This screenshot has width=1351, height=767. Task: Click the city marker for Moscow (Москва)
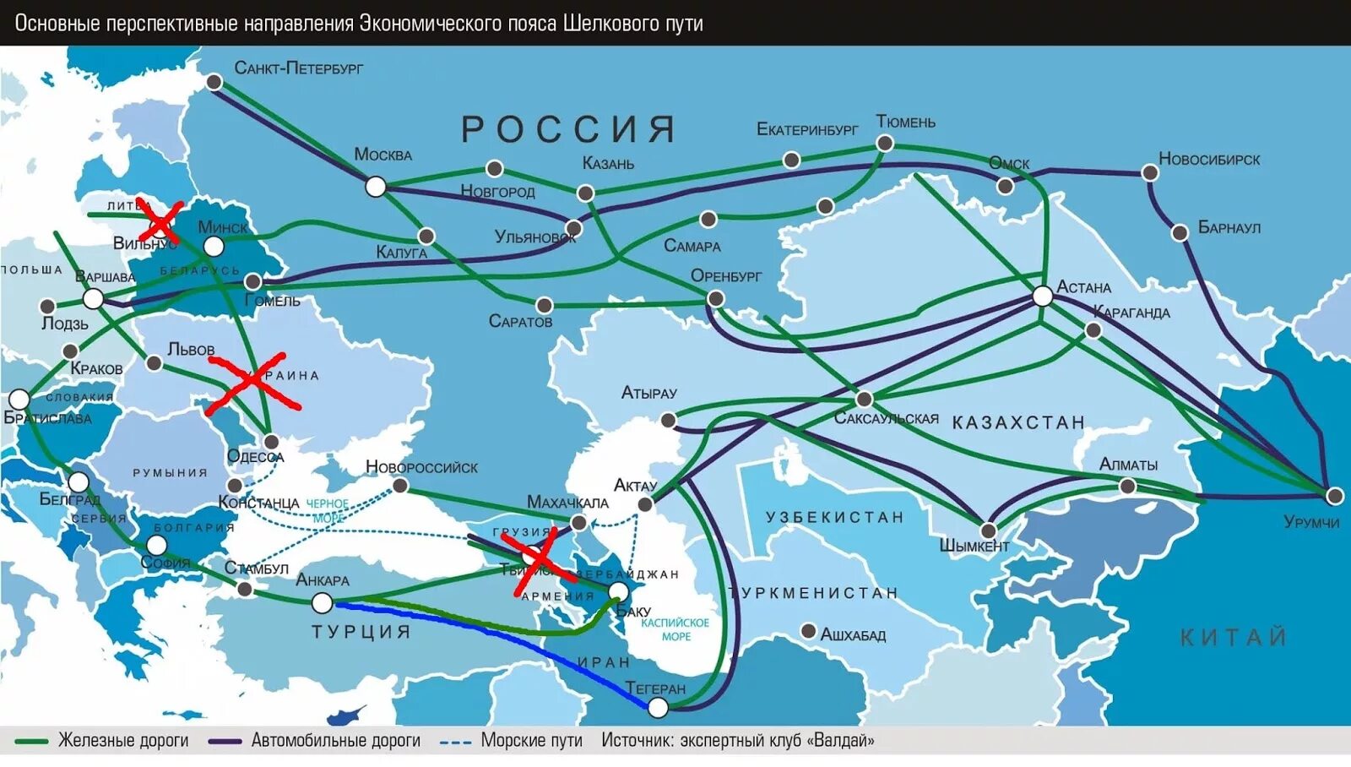(x=376, y=187)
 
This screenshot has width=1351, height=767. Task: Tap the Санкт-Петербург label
(x=298, y=68)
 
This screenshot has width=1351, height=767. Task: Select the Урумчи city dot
(x=1334, y=496)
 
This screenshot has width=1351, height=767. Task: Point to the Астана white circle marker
(x=1043, y=296)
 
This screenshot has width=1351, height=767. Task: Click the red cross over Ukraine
(x=252, y=383)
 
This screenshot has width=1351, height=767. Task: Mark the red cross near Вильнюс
(x=160, y=221)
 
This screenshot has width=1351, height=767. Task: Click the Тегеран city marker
(x=658, y=708)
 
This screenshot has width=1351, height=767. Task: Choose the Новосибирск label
(x=1208, y=160)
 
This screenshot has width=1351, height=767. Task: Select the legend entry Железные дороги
(x=122, y=741)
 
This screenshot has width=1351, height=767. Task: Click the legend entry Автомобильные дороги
(x=335, y=741)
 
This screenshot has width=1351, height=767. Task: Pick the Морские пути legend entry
(x=531, y=741)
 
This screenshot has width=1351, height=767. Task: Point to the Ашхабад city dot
(x=808, y=631)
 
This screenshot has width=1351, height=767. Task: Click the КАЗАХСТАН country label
(x=1017, y=422)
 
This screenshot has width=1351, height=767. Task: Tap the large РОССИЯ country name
(x=568, y=130)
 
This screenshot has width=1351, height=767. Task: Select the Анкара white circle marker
(x=322, y=602)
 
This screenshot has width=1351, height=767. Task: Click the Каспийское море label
(x=675, y=629)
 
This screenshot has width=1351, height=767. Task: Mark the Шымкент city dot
(x=988, y=530)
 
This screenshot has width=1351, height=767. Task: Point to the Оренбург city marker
(x=715, y=298)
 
